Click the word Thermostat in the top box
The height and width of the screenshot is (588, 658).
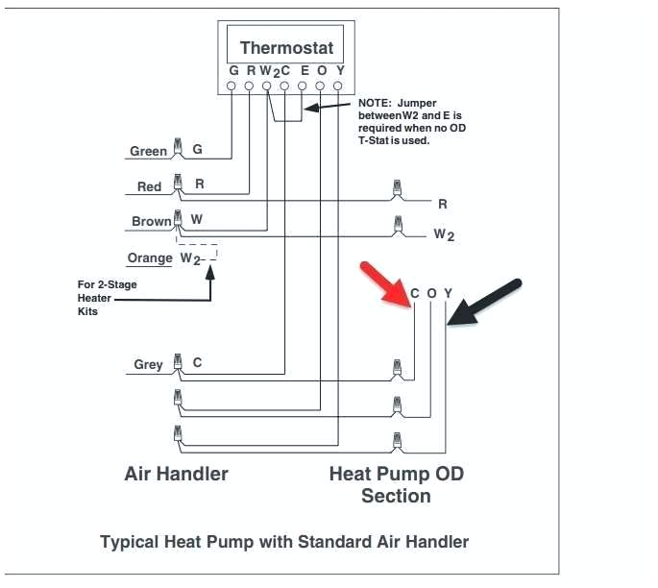286,47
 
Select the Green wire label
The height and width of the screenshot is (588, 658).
148,151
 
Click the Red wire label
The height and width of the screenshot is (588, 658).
149,186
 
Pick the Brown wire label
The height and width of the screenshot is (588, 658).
151,221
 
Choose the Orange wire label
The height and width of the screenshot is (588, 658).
149,258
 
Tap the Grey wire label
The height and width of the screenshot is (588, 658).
148,364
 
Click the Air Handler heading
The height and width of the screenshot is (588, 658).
177,474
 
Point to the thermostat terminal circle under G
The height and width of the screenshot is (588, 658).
232,86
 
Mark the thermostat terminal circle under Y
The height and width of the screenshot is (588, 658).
338,86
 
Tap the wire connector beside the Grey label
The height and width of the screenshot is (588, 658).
177,362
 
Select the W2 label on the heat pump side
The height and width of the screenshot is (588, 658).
443,234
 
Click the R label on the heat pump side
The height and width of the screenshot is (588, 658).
443,204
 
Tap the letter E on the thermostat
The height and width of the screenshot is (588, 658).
304,71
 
